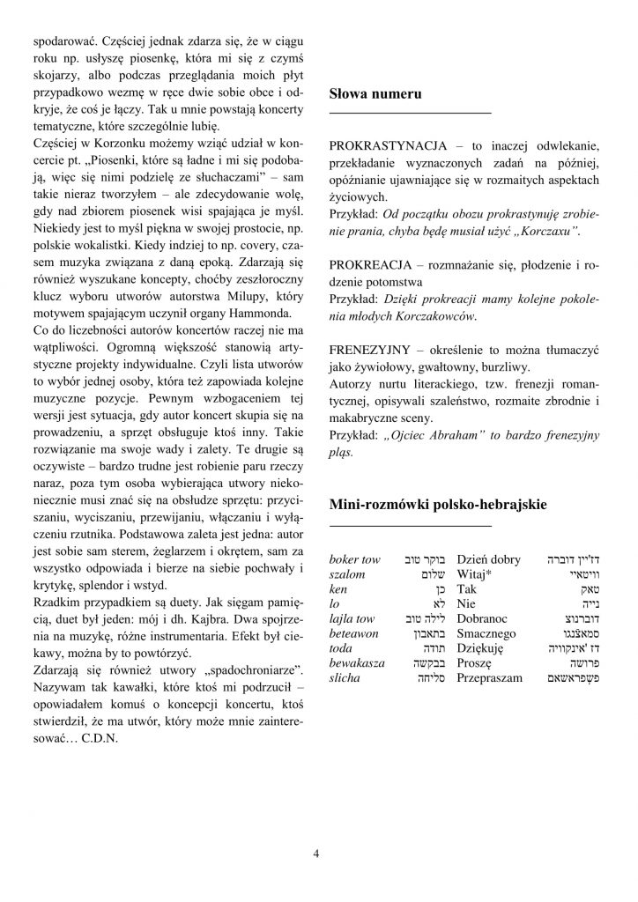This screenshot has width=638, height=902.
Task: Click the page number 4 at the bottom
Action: click(316, 853)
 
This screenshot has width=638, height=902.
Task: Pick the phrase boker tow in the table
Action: click(353, 558)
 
